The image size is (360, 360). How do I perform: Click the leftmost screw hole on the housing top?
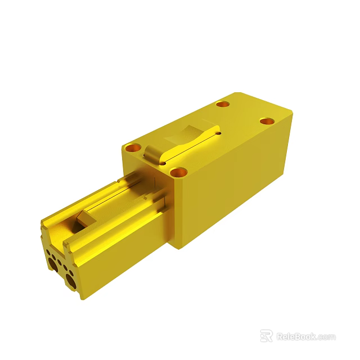[133, 148]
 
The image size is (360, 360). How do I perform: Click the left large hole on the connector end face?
[52, 261]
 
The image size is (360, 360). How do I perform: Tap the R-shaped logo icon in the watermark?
[266, 336]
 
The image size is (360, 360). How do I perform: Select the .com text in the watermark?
[326, 337]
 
